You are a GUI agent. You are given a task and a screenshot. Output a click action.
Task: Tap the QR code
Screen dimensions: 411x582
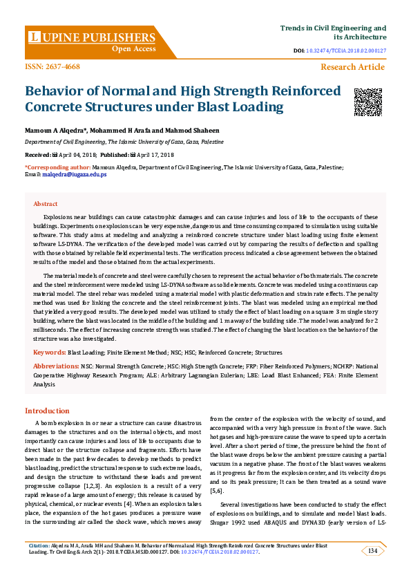pos(367,102)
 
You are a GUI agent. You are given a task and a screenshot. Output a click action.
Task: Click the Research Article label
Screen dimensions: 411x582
pos(352,67)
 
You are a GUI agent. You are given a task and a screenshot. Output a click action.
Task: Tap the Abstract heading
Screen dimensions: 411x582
pos(46,204)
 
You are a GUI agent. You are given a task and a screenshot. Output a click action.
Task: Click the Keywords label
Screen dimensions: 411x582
pos(49,353)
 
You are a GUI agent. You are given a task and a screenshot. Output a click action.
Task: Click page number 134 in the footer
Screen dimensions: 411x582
pos(372,550)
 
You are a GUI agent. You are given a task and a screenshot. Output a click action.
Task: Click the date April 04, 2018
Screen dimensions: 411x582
pos(75,154)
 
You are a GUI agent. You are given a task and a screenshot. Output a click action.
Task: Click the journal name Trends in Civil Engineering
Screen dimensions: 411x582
pos(332,27)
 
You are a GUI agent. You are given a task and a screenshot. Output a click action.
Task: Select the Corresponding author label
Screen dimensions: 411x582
pos(57,167)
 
